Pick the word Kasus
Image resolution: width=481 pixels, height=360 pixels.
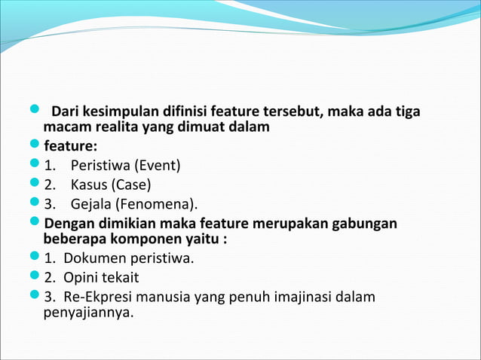coord(90,185)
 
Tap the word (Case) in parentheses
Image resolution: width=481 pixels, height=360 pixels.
coord(133,185)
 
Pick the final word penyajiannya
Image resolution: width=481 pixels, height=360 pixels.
coord(88,312)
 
